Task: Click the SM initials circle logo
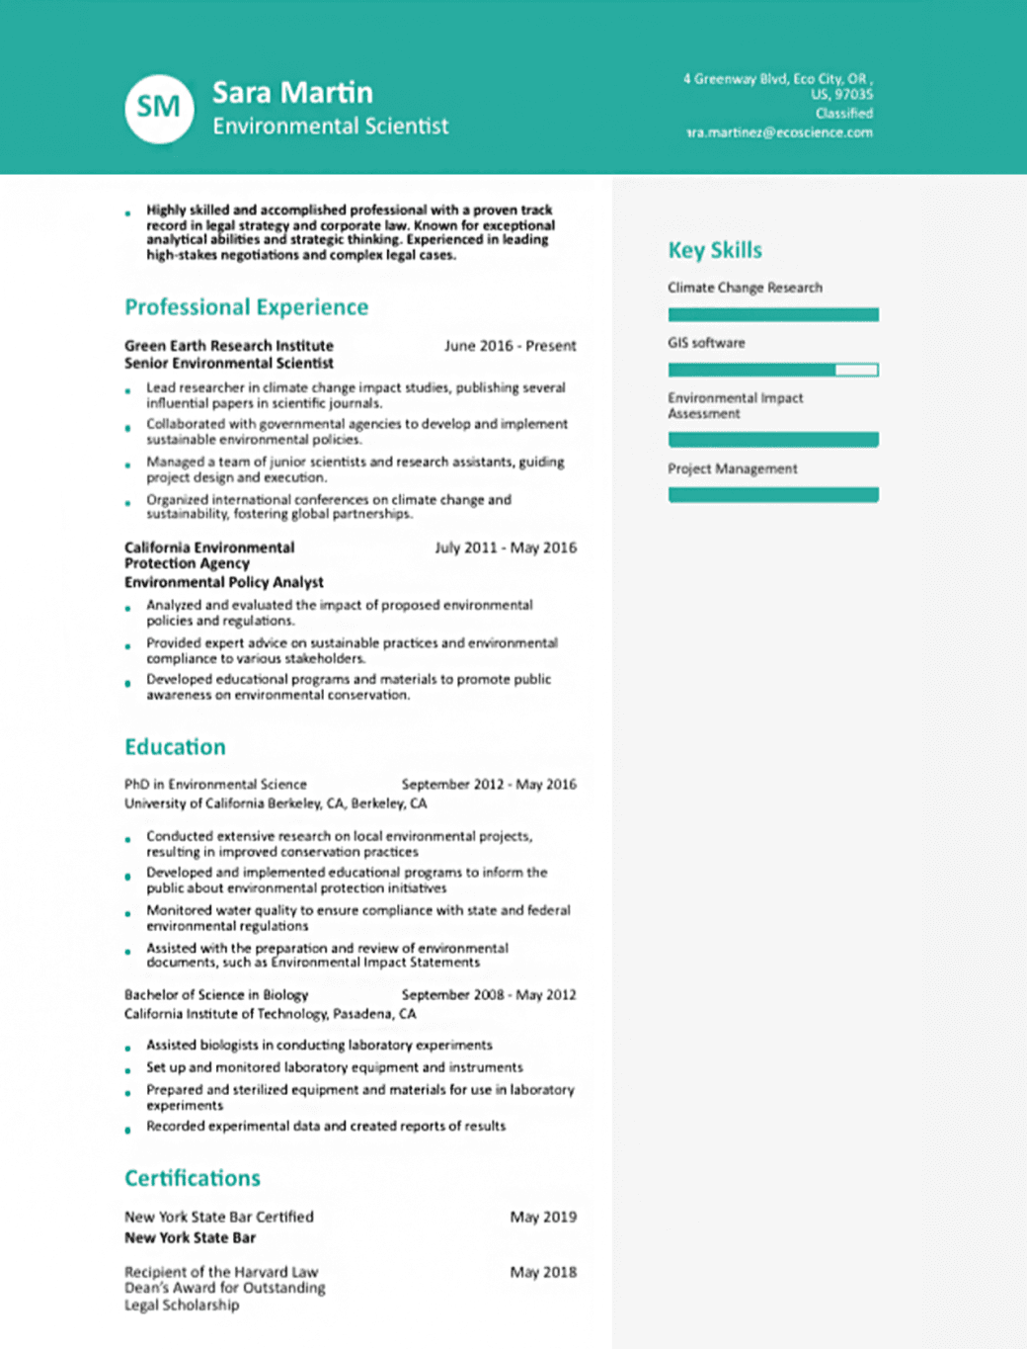(x=159, y=108)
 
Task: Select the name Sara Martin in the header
(x=292, y=93)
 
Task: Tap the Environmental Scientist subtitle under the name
(x=330, y=126)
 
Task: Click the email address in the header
(x=779, y=132)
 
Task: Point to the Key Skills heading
(x=715, y=250)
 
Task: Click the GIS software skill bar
(x=772, y=370)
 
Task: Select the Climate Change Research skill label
(x=745, y=288)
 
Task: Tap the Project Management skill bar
(x=772, y=494)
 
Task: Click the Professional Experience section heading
(x=246, y=307)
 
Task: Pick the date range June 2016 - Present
(x=510, y=346)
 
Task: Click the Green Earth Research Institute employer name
(x=229, y=346)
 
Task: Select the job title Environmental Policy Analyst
(x=224, y=582)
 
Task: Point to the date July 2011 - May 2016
(x=506, y=548)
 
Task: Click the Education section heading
(x=175, y=747)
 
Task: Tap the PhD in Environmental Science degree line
(x=215, y=785)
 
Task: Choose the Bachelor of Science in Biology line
(x=216, y=995)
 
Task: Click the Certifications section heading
(x=193, y=1178)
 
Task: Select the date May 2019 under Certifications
(x=543, y=1217)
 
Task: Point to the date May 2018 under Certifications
(x=543, y=1272)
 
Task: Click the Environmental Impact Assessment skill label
(x=735, y=405)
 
